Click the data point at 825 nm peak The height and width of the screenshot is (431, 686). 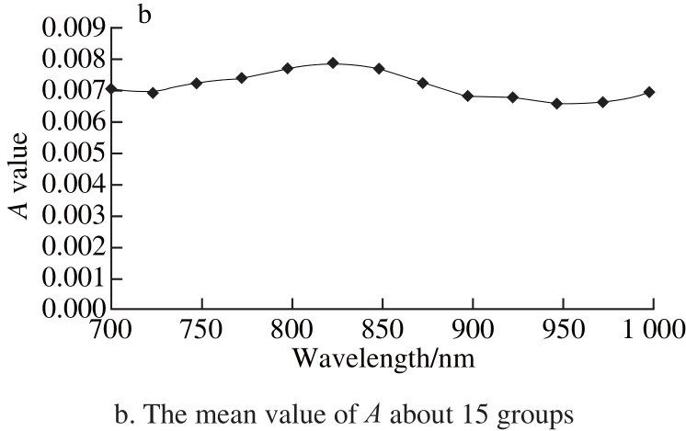pos(333,63)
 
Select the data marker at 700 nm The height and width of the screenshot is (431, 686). pos(111,89)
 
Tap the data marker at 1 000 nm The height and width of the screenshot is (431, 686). pos(649,92)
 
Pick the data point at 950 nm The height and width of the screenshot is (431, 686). pos(556,104)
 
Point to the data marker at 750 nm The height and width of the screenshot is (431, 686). pos(197,83)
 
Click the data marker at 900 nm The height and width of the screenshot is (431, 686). pos(468,96)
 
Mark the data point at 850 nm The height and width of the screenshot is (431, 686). pos(379,69)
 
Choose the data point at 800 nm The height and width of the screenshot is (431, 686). pos(288,68)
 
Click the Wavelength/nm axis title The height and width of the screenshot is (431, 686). pos(383,357)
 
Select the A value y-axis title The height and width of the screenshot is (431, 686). pos(19,175)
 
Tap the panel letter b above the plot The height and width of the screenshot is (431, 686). pos(143,14)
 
